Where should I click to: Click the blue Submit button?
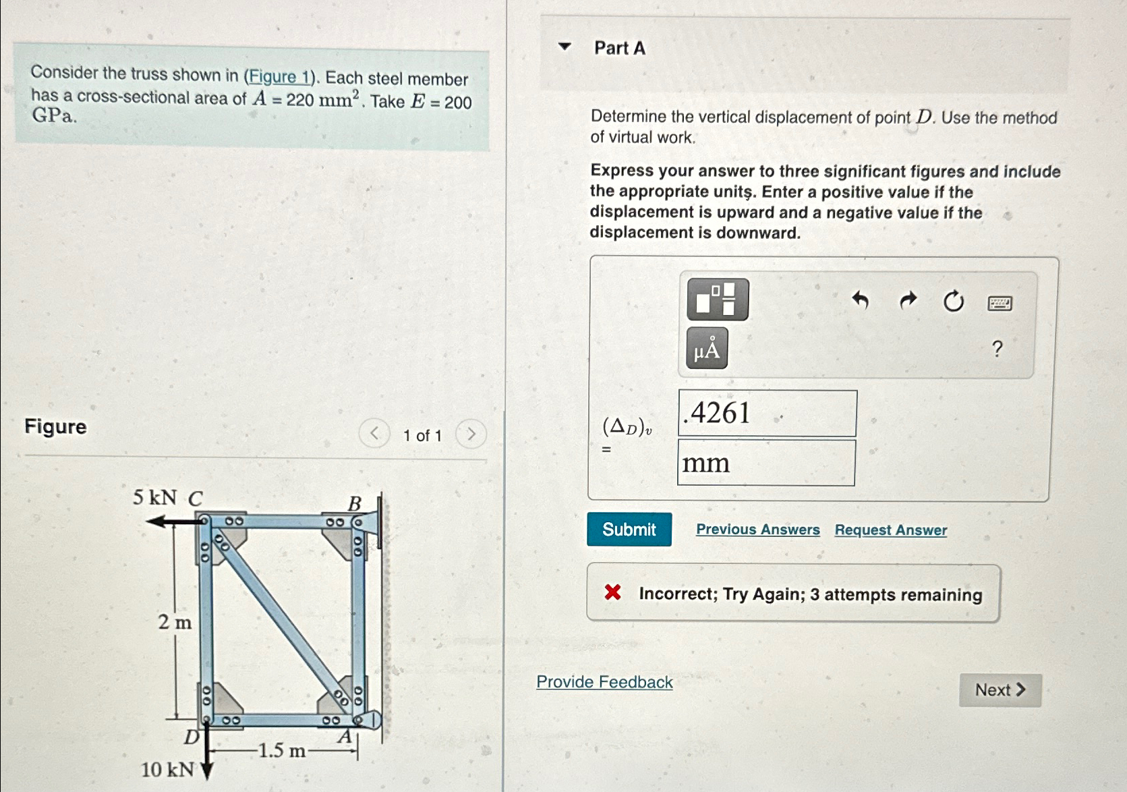pyautogui.click(x=629, y=530)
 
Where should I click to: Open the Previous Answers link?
pyautogui.click(x=757, y=530)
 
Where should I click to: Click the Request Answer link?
pyautogui.click(x=890, y=530)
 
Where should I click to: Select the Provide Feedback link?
pyautogui.click(x=604, y=682)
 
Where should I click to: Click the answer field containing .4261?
pyautogui.click(x=767, y=413)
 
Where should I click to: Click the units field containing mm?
pyautogui.click(x=765, y=463)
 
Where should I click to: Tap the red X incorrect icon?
pyautogui.click(x=612, y=592)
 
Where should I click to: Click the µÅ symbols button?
pyautogui.click(x=706, y=349)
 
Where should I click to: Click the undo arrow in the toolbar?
pyautogui.click(x=860, y=300)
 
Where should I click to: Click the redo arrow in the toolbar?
pyautogui.click(x=908, y=300)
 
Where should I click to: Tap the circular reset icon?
pyautogui.click(x=953, y=301)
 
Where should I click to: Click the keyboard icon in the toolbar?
pyautogui.click(x=999, y=304)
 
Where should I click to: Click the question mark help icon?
pyautogui.click(x=997, y=349)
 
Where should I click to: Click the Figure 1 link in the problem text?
pyautogui.click(x=279, y=77)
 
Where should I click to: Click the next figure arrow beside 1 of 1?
pyautogui.click(x=471, y=434)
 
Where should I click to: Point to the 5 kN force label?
pyautogui.click(x=154, y=498)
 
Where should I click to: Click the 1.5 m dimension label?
pyautogui.click(x=282, y=750)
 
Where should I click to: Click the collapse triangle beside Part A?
pyautogui.click(x=565, y=47)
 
